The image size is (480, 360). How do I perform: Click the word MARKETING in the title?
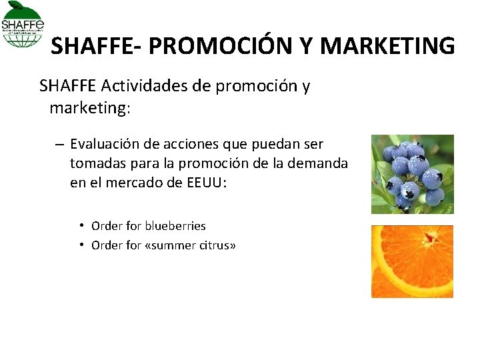(x=388, y=46)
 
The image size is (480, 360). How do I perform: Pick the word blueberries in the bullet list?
(x=175, y=226)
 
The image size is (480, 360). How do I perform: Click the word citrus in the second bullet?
(x=215, y=245)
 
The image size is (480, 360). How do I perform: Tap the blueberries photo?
(x=412, y=174)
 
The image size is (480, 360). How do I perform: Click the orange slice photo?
(x=412, y=261)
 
